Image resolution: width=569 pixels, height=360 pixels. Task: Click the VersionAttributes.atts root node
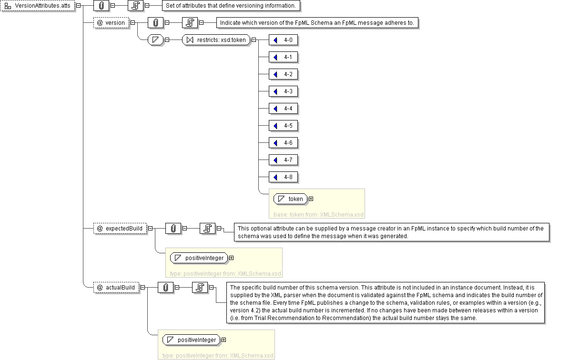click(x=38, y=6)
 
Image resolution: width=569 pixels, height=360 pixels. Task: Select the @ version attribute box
click(x=111, y=22)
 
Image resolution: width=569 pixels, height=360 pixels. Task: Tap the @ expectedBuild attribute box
click(x=119, y=229)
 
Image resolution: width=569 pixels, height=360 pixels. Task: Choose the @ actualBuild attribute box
click(x=116, y=288)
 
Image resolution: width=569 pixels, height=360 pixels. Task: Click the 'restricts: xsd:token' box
click(x=217, y=40)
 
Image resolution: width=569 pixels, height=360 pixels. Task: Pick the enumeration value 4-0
click(x=284, y=40)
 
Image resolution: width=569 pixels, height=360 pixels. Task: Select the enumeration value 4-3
click(x=284, y=91)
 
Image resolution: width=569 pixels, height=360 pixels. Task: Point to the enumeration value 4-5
click(x=284, y=126)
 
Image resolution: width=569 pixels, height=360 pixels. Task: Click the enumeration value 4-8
click(x=284, y=177)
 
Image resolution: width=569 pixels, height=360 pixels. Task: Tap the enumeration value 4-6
click(x=284, y=143)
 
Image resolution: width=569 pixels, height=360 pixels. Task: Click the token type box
click(x=290, y=199)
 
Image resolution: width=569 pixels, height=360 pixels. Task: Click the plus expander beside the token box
click(x=311, y=199)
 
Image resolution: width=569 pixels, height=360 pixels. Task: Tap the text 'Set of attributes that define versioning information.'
click(x=232, y=6)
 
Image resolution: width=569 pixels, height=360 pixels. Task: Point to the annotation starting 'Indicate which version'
click(x=317, y=23)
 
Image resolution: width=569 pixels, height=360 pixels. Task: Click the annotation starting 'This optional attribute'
click(x=390, y=232)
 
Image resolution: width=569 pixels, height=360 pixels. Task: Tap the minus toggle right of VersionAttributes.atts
click(x=78, y=6)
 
